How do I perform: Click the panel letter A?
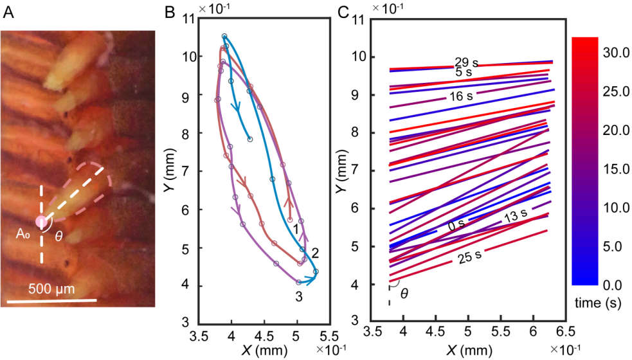click(8, 11)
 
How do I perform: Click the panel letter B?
click(170, 11)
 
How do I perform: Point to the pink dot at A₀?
click(42, 222)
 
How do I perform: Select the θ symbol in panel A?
click(59, 237)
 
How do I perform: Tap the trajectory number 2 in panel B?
click(314, 251)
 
